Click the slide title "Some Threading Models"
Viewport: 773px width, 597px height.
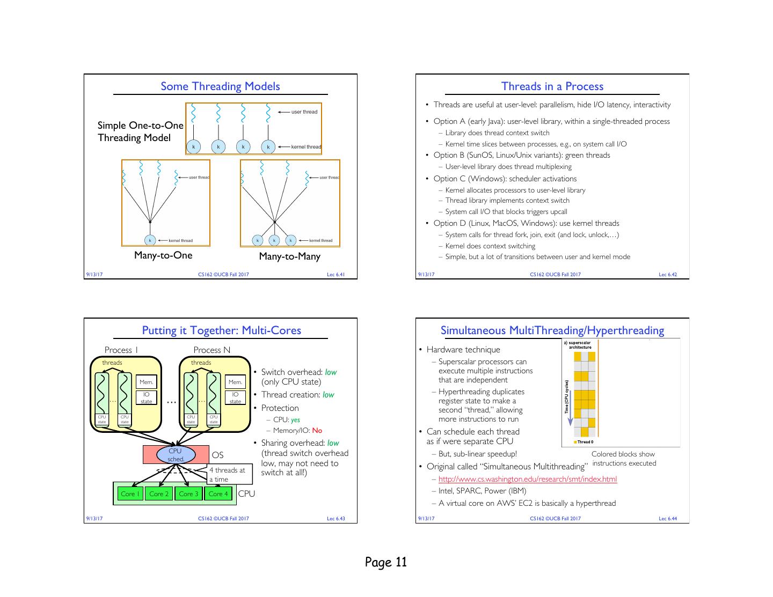[x=220, y=86]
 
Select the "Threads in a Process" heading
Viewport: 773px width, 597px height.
[x=552, y=86]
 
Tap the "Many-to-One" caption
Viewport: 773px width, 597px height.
[x=163, y=255]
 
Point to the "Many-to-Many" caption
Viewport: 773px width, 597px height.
[x=289, y=256]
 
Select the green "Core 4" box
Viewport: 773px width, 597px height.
[x=218, y=494]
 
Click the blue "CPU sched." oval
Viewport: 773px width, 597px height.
[x=176, y=455]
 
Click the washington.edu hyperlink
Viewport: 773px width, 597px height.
[x=527, y=479]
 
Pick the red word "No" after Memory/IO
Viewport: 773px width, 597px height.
[x=317, y=430]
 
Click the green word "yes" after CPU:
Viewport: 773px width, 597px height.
[x=295, y=420]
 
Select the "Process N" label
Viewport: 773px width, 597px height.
[x=212, y=350]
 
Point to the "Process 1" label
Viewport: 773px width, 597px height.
[x=121, y=350]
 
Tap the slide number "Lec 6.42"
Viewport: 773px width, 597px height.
[x=667, y=275]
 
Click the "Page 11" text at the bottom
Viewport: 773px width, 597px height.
[x=386, y=562]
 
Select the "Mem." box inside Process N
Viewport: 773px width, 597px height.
[x=235, y=382]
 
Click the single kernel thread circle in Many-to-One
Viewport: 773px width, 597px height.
[x=150, y=240]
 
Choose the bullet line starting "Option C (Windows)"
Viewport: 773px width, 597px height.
[x=505, y=179]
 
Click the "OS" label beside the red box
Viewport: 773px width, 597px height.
[x=217, y=455]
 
